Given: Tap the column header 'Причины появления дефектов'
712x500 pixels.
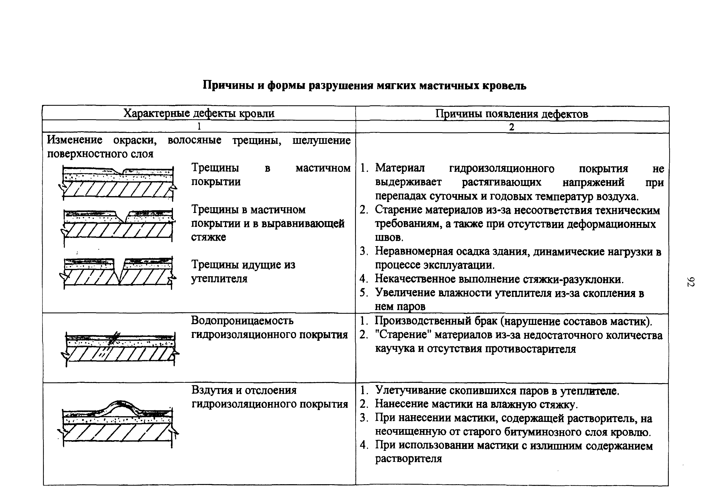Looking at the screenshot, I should (x=511, y=114).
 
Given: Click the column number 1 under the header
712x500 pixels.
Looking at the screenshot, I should (x=199, y=127).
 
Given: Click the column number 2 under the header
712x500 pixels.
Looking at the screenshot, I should (x=512, y=127).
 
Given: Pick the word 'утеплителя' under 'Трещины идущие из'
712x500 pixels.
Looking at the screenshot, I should (x=219, y=278).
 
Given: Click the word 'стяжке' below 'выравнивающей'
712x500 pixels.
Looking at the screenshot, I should (x=208, y=237).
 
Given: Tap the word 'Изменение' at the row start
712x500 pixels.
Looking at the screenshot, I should (x=74, y=140).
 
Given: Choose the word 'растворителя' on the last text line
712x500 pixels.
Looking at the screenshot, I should (x=408, y=459).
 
